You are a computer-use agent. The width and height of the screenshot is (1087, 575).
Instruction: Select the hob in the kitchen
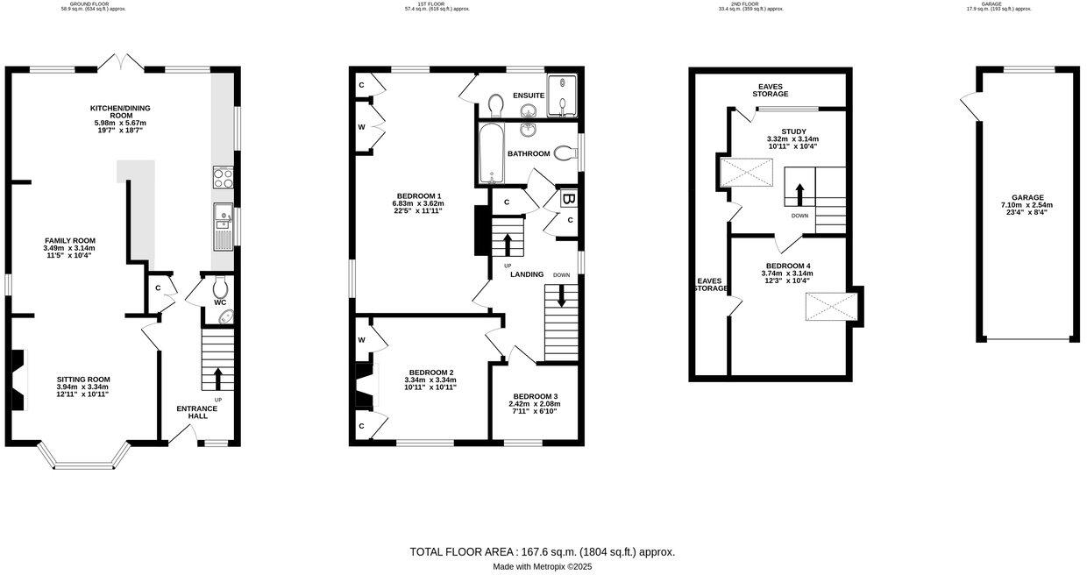(x=223, y=178)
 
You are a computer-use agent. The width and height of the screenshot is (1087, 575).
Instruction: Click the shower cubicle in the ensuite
(x=562, y=96)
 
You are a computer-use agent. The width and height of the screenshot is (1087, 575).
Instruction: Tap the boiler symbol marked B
(x=568, y=199)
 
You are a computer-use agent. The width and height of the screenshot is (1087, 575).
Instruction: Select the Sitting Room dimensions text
(x=83, y=391)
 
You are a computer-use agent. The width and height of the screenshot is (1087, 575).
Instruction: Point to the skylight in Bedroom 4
(x=831, y=308)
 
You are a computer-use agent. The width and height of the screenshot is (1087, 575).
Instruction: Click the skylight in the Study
(x=742, y=174)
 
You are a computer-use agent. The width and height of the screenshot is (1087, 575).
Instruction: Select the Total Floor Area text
(x=543, y=552)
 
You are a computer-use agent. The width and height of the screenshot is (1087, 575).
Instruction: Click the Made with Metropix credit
(x=543, y=567)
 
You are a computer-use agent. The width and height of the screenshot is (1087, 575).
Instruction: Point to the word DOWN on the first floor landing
(x=561, y=275)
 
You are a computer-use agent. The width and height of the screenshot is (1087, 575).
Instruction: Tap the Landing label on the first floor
(x=529, y=275)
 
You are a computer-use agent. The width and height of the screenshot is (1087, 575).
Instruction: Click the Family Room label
(x=70, y=240)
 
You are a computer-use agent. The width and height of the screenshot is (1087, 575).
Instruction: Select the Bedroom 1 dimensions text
(x=417, y=207)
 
